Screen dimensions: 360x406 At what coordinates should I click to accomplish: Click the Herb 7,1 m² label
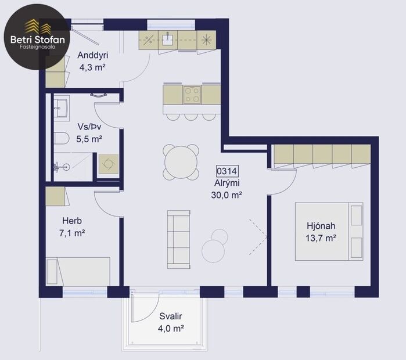coord(73,227)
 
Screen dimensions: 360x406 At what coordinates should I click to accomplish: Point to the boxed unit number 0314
coord(227,171)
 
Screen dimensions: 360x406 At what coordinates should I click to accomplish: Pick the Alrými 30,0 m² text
coord(227,189)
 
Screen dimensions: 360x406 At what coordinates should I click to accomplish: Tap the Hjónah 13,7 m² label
coord(322,232)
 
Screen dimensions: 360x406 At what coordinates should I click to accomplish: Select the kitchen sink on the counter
coord(169,39)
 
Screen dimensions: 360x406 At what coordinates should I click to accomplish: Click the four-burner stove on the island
coord(192,94)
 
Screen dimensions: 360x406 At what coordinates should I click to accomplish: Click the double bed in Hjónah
coord(329,231)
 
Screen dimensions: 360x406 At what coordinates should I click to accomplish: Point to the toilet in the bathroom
coord(60,138)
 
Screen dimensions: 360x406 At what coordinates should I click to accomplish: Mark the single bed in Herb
coord(78,271)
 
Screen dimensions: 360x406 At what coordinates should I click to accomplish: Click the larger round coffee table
coord(213,250)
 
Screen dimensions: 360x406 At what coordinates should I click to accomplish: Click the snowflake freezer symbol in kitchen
coord(206,39)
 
